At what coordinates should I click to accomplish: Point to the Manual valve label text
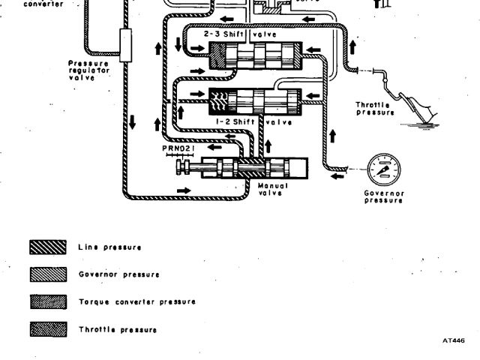point(273,188)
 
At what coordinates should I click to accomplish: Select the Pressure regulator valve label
point(88,70)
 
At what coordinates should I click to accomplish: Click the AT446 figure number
point(453,340)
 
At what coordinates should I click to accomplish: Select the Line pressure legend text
point(109,247)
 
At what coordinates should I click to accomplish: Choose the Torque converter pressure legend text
point(137,301)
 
